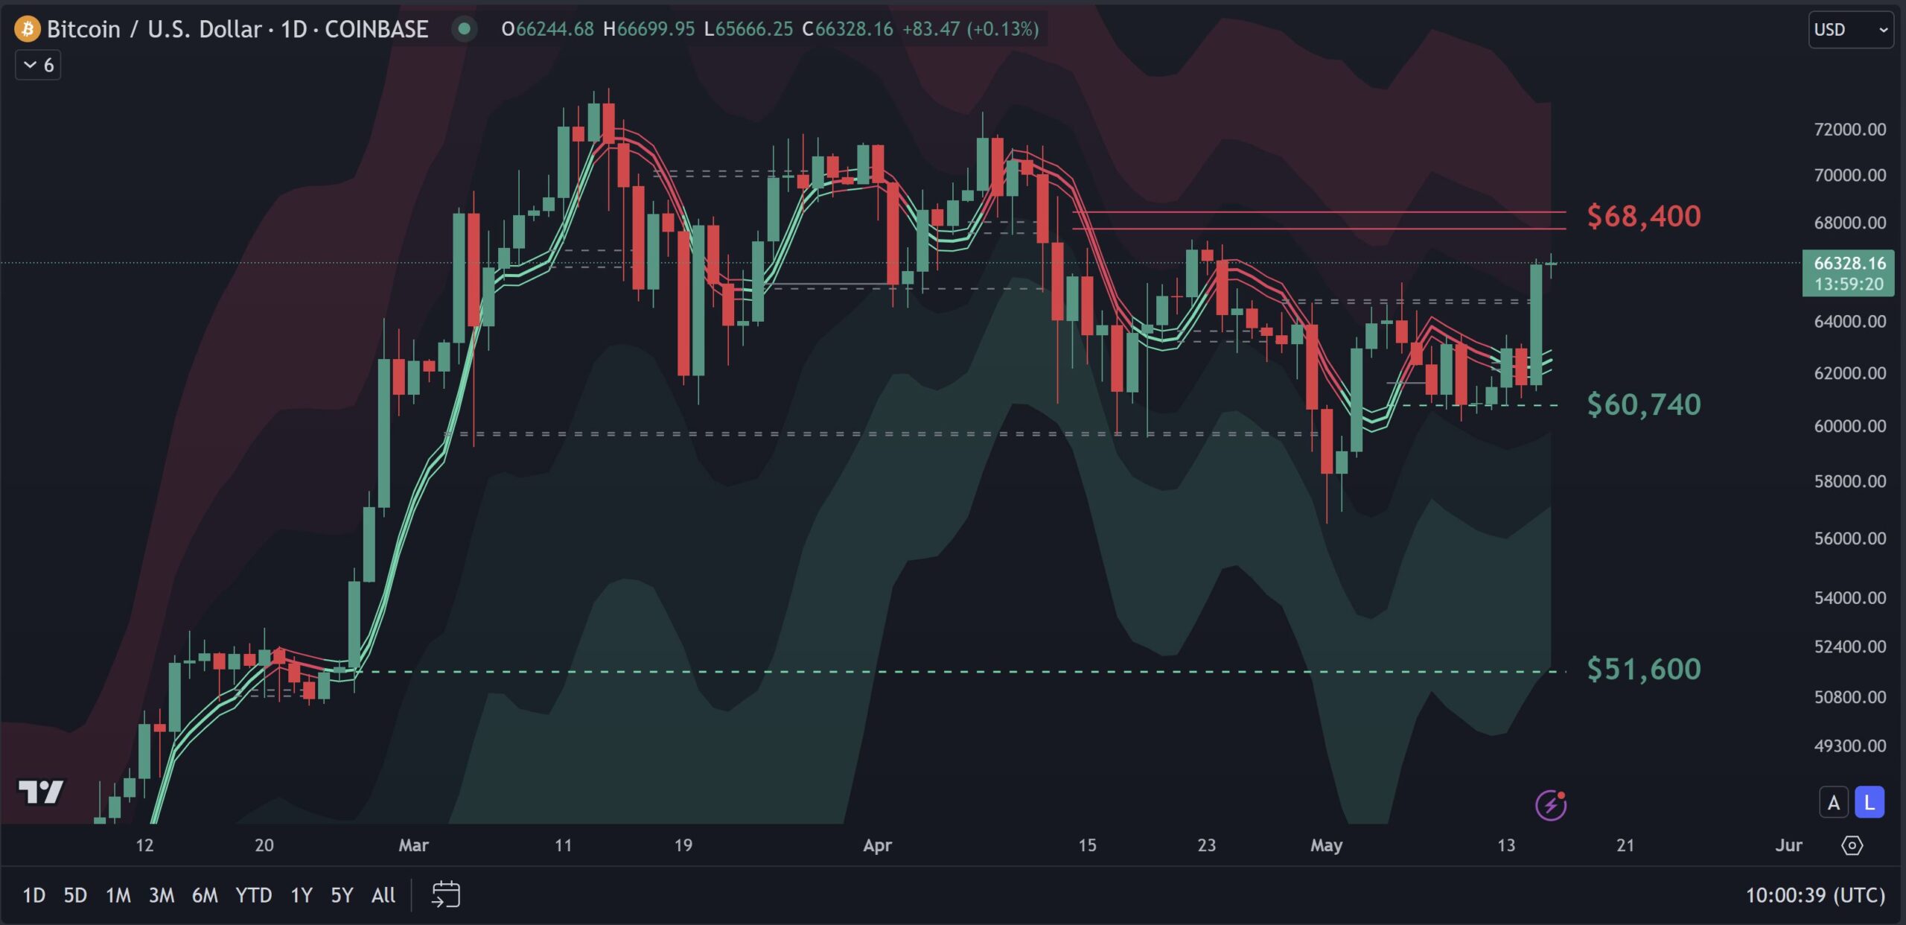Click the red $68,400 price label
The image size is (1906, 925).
1643,216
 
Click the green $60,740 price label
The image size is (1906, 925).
1643,404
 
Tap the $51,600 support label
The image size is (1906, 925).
1643,669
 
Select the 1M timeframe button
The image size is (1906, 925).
118,894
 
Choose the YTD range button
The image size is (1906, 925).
253,894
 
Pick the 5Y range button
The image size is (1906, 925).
342,894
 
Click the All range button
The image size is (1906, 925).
383,894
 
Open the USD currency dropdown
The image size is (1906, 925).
1850,30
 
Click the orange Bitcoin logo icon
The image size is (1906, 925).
28,29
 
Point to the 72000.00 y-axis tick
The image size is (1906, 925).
1849,130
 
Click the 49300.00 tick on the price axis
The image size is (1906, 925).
1849,746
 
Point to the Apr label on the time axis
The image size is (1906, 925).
877,845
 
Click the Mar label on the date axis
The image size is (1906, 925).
413,845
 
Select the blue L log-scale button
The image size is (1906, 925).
1869,803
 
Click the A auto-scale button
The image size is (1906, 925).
1834,803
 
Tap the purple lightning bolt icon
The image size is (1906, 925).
1551,804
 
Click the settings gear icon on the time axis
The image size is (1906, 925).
1852,845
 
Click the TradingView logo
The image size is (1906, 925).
41,792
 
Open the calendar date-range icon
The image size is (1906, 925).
445,894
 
